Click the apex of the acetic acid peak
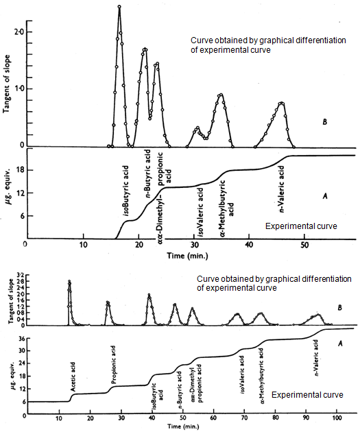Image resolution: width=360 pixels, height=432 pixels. point(69,281)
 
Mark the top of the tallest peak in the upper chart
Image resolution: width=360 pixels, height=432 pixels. point(119,7)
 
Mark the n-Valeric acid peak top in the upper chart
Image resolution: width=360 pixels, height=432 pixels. point(281,104)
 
